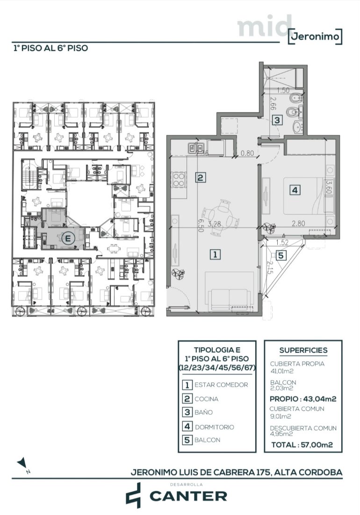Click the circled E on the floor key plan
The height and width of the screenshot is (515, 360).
68,238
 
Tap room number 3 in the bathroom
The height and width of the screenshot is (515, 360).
278,120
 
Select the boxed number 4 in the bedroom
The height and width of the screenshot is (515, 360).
295,190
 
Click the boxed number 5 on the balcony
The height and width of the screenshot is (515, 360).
281,255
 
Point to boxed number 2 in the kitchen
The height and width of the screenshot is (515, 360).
201,178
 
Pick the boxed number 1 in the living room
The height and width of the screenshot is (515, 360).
215,254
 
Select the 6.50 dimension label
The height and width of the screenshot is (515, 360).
201,226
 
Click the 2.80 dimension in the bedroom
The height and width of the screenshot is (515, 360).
299,224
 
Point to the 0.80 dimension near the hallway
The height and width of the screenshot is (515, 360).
247,153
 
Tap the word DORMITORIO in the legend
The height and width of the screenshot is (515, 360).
215,427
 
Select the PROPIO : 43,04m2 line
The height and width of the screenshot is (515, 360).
303,399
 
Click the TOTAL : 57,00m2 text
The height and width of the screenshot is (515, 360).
302,445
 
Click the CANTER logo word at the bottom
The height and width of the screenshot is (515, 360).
188,496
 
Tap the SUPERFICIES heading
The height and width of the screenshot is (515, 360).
303,350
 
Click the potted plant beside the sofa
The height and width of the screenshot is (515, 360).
178,273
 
